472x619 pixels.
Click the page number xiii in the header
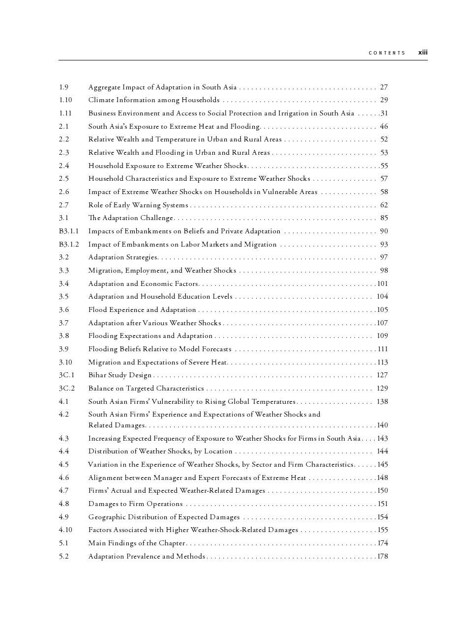pyautogui.click(x=423, y=53)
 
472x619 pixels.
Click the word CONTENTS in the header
pyautogui.click(x=387, y=53)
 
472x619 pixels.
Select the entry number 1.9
pyautogui.click(x=64, y=87)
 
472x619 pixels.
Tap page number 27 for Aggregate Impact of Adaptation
pyautogui.click(x=384, y=87)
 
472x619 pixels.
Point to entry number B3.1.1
pyautogui.click(x=69, y=231)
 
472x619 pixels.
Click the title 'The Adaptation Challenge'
pyautogui.click(x=131, y=218)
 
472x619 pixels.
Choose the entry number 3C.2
pyautogui.click(x=67, y=389)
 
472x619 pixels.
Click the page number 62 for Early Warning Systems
pyautogui.click(x=384, y=205)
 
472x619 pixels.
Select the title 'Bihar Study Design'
pyautogui.click(x=120, y=375)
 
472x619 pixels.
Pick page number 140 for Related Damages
pyautogui.click(x=383, y=425)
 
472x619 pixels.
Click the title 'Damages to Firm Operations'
pyautogui.click(x=135, y=504)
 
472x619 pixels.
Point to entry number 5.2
pyautogui.click(x=64, y=557)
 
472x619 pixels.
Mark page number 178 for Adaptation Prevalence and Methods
pyautogui.click(x=383, y=557)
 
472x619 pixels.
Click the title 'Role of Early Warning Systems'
pyautogui.click(x=138, y=205)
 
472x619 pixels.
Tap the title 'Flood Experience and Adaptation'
pyautogui.click(x=142, y=310)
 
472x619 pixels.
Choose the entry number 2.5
pyautogui.click(x=64, y=179)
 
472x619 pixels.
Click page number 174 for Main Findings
pyautogui.click(x=383, y=543)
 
